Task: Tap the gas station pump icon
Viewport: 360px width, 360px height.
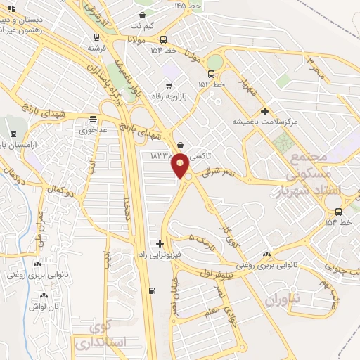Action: point(153,291)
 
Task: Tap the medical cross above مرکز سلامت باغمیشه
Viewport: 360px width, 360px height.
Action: point(264,110)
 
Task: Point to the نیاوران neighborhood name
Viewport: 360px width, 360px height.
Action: point(283,300)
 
